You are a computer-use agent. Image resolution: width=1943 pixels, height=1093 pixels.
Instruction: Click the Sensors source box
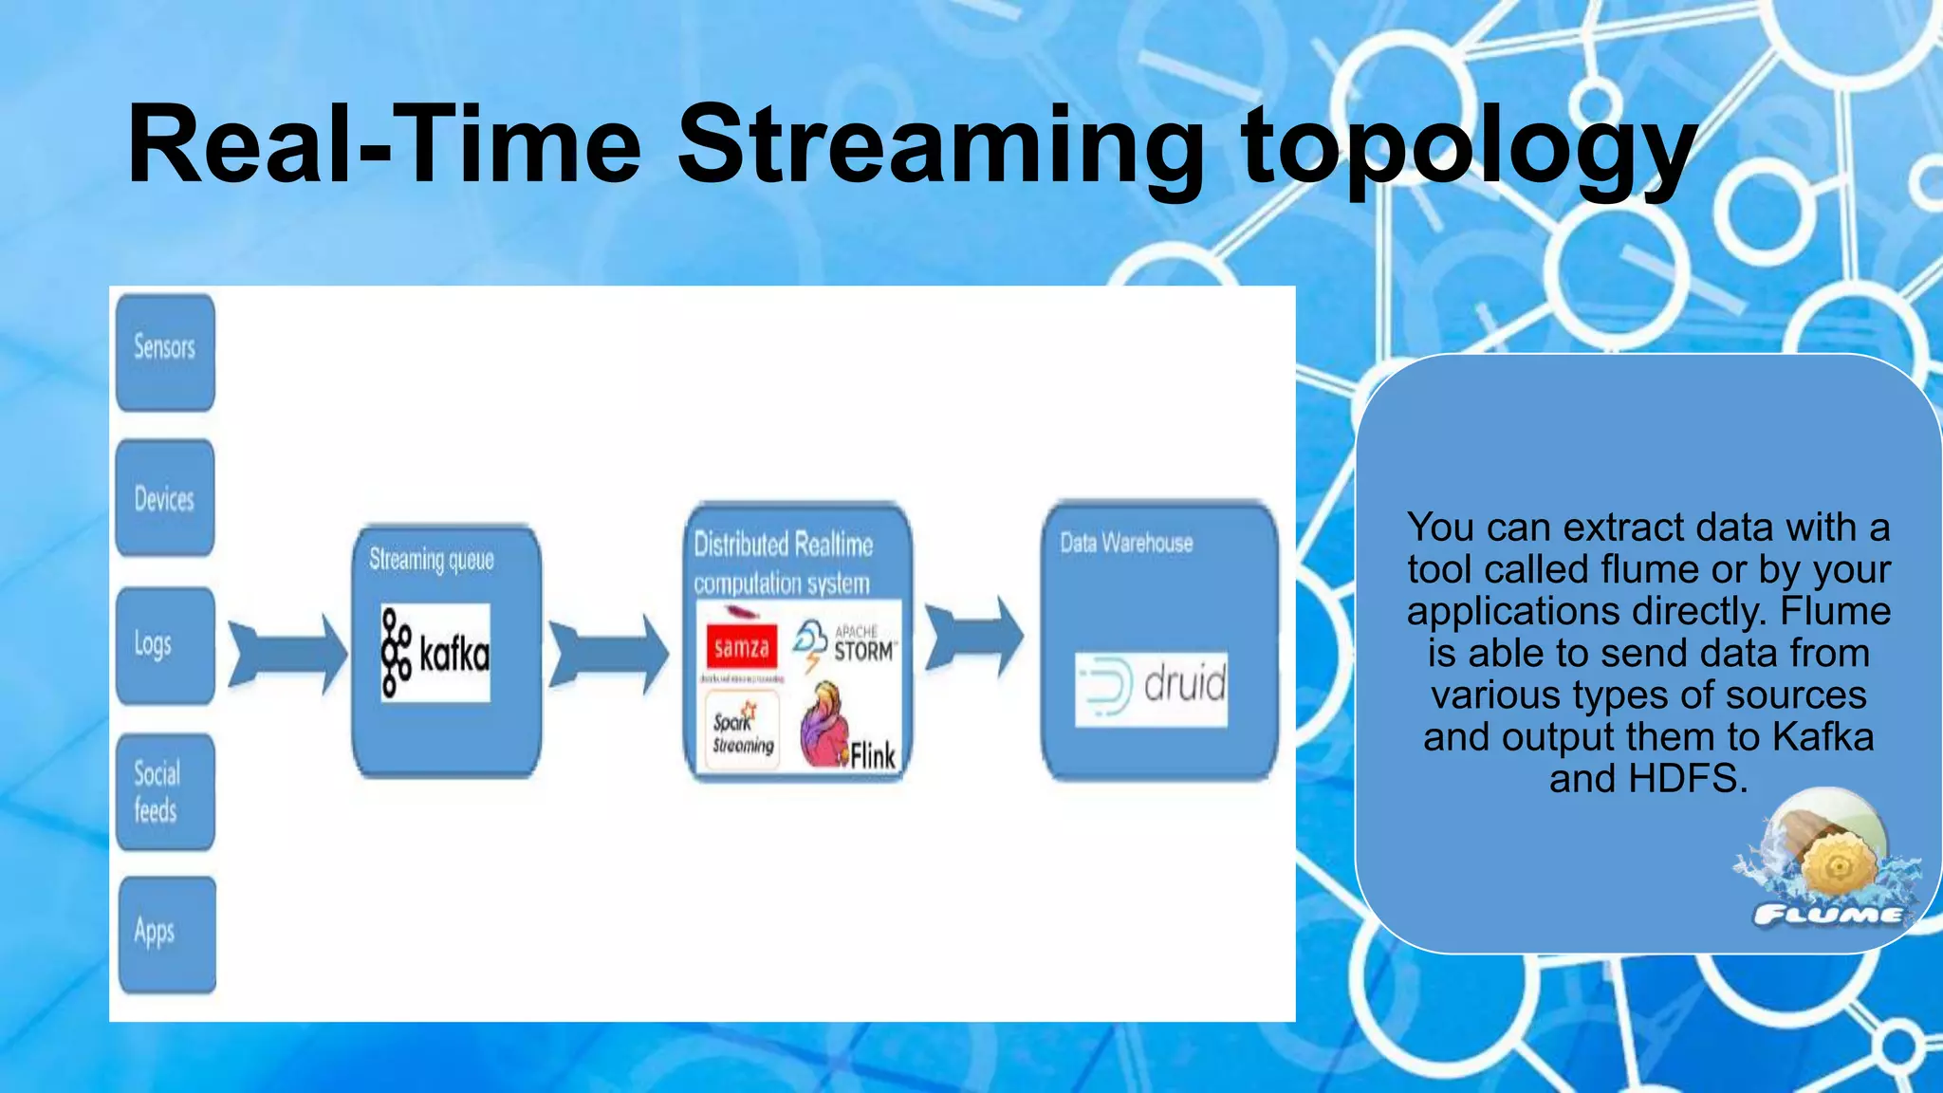pyautogui.click(x=165, y=352)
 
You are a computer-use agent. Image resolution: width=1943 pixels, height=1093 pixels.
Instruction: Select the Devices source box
pyautogui.click(x=165, y=498)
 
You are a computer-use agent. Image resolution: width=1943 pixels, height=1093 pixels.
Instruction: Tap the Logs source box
pyautogui.click(x=165, y=645)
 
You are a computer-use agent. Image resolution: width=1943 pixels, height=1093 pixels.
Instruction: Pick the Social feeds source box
pyautogui.click(x=165, y=791)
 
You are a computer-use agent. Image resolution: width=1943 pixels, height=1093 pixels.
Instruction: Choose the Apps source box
pyautogui.click(x=167, y=935)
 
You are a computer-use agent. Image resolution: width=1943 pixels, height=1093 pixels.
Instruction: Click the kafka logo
pyautogui.click(x=435, y=653)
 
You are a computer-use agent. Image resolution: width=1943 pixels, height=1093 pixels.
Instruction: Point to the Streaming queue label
pyautogui.click(x=432, y=560)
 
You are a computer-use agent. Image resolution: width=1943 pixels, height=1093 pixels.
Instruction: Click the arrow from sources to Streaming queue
pyautogui.click(x=287, y=654)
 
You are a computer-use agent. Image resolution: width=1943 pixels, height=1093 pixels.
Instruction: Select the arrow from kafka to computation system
pyautogui.click(x=609, y=654)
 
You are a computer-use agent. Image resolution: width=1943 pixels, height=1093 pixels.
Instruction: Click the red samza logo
pyautogui.click(x=742, y=647)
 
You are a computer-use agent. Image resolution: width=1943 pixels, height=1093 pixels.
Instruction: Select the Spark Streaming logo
pyautogui.click(x=742, y=730)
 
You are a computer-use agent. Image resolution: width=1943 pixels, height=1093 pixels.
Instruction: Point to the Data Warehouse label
pyautogui.click(x=1126, y=543)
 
